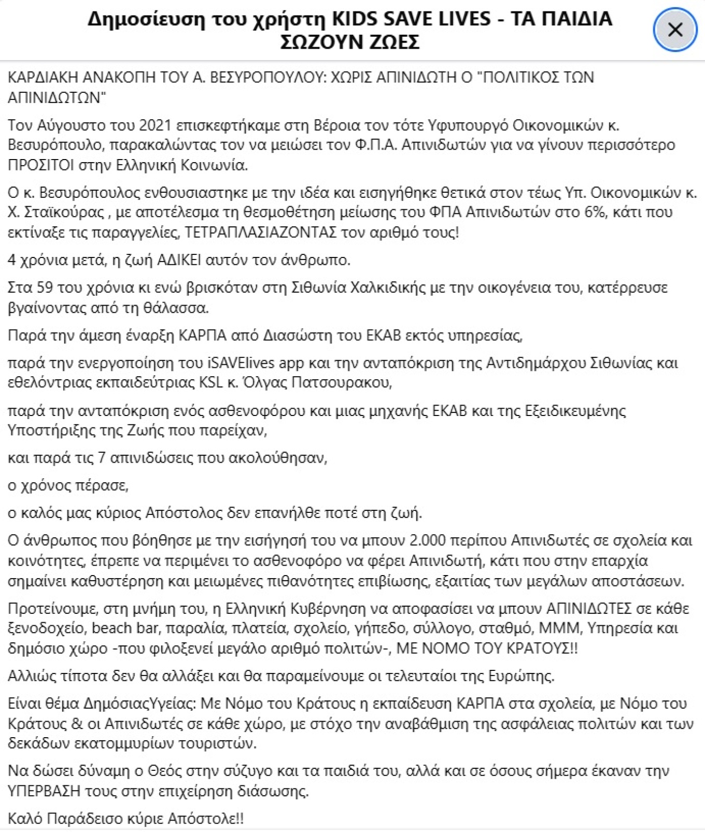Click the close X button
[675, 30]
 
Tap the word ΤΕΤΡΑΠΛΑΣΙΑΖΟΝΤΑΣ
[260, 233]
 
